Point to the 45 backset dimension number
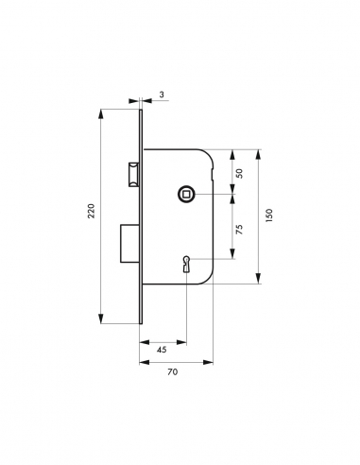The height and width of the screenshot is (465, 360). pyautogui.click(x=163, y=350)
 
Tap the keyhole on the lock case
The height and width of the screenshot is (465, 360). pyautogui.click(x=188, y=264)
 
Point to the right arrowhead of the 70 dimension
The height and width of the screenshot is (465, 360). pyautogui.click(x=206, y=361)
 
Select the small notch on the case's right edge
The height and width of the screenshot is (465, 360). pyautogui.click(x=214, y=176)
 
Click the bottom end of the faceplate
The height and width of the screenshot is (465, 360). pyautogui.click(x=141, y=321)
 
